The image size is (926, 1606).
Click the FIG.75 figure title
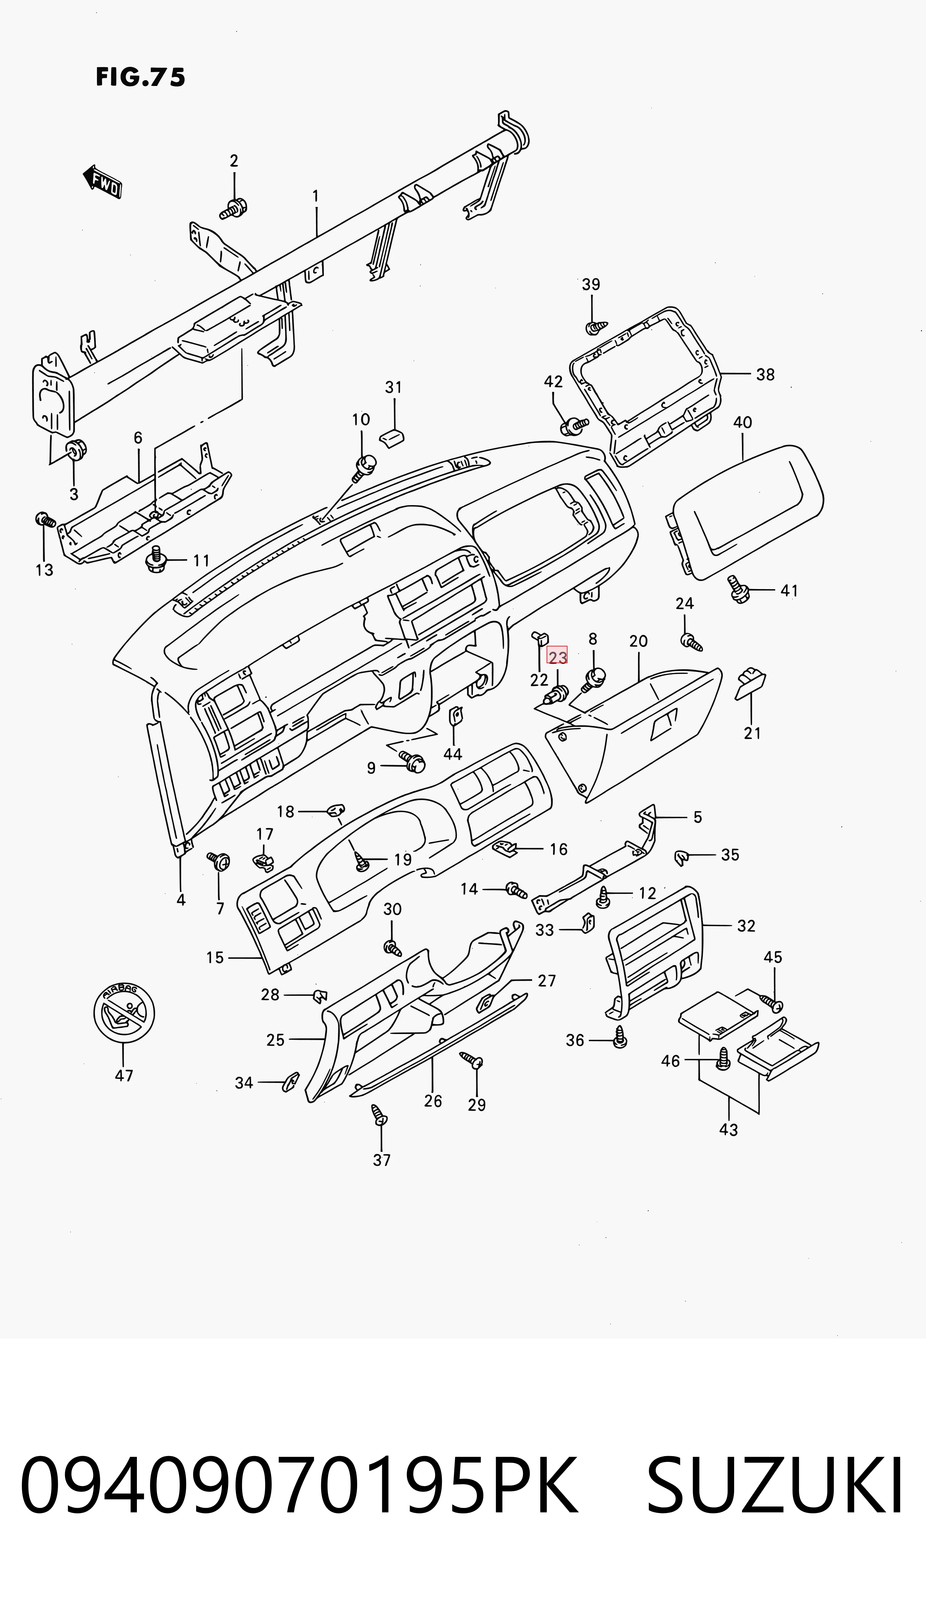point(141,77)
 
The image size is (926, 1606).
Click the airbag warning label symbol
point(124,1012)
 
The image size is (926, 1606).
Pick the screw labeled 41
point(739,590)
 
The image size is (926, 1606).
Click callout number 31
point(394,387)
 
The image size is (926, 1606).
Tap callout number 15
point(215,958)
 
